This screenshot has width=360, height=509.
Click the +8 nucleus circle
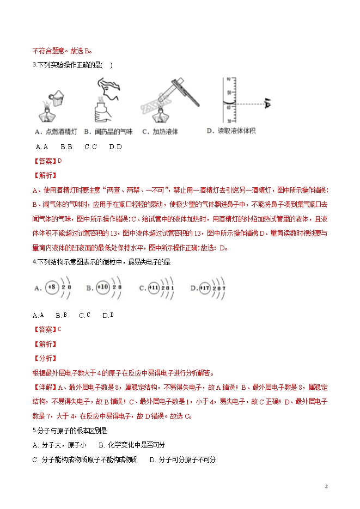(52, 287)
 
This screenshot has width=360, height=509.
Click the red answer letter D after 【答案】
(59, 161)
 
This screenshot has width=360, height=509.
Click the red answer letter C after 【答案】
(59, 329)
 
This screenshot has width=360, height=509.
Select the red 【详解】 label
(44, 388)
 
